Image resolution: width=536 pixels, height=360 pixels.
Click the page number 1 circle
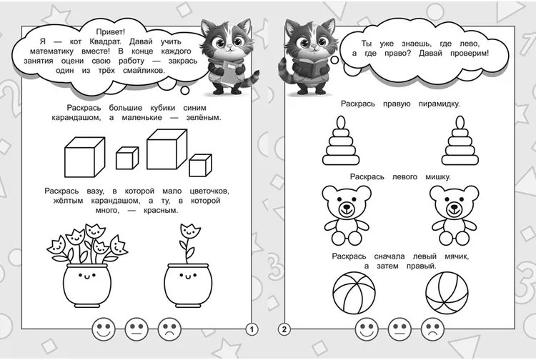pyautogui.click(x=252, y=329)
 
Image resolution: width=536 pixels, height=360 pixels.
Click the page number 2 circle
pyautogui.click(x=284, y=329)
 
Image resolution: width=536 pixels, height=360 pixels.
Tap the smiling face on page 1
pyautogui.click(x=104, y=329)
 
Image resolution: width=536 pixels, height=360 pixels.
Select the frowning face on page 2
pyautogui.click(x=432, y=329)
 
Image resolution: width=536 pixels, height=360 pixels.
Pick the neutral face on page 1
pyautogui.click(x=137, y=329)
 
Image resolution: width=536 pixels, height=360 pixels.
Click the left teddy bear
pyautogui.click(x=347, y=215)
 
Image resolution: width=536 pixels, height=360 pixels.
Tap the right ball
pyautogui.click(x=447, y=293)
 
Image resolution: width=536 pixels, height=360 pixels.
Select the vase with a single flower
pyautogui.click(x=188, y=266)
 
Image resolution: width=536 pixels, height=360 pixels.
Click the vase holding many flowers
pyautogui.click(x=87, y=266)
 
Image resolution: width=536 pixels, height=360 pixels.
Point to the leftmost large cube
pyautogui.click(x=85, y=157)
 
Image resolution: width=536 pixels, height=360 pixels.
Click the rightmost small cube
pyautogui.click(x=200, y=165)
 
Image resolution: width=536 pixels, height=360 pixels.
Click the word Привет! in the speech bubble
pyautogui.click(x=110, y=32)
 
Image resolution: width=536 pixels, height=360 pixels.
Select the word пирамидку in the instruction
pyautogui.click(x=439, y=104)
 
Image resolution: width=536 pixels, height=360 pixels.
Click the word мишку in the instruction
pyautogui.click(x=438, y=177)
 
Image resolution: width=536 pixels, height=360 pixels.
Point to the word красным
pyautogui.click(x=161, y=211)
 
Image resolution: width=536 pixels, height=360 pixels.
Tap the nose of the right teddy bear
pyautogui.click(x=454, y=206)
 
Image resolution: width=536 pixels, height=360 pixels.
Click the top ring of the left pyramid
pyautogui.click(x=341, y=121)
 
